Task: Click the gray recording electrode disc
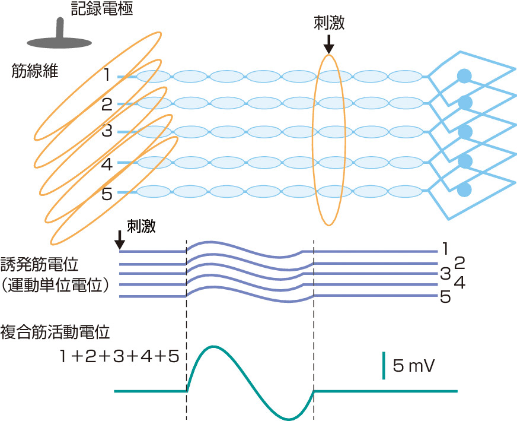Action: (x=59, y=42)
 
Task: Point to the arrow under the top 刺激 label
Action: (x=329, y=43)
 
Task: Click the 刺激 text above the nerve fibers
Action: (x=329, y=23)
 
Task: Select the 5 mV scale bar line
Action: (x=384, y=365)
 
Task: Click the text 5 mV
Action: (x=413, y=366)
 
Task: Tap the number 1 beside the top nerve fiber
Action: (x=107, y=75)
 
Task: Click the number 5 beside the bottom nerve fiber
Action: (x=107, y=194)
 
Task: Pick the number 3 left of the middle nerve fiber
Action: (x=107, y=132)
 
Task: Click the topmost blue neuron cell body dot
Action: (x=464, y=75)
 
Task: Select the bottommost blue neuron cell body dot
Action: (x=464, y=189)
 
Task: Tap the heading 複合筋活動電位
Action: (x=55, y=330)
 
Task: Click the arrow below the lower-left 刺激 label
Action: (x=119, y=240)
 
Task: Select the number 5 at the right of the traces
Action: (x=445, y=298)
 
